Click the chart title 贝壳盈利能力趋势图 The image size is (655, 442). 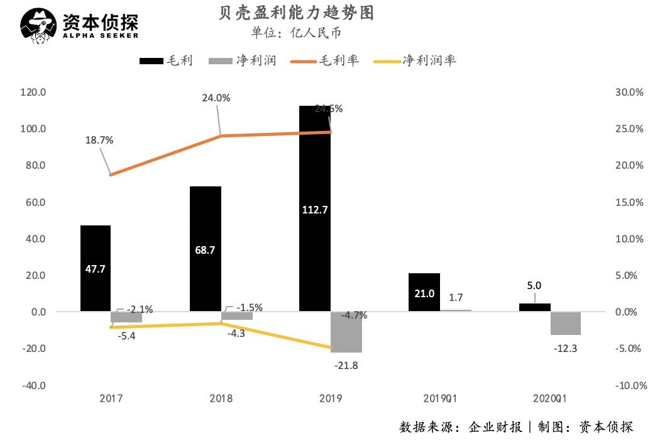[294, 12]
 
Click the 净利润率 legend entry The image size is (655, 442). [415, 60]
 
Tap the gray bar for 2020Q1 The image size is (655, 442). [565, 323]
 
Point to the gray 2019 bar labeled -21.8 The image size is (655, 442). [346, 332]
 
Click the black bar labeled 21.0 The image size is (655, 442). [424, 292]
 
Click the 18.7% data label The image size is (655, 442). [99, 140]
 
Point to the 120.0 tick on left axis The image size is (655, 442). [33, 92]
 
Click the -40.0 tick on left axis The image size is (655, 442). [33, 385]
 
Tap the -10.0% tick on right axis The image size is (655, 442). [628, 385]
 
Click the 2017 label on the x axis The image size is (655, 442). [111, 399]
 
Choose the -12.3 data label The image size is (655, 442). [565, 348]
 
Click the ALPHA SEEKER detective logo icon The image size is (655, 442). [39, 27]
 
